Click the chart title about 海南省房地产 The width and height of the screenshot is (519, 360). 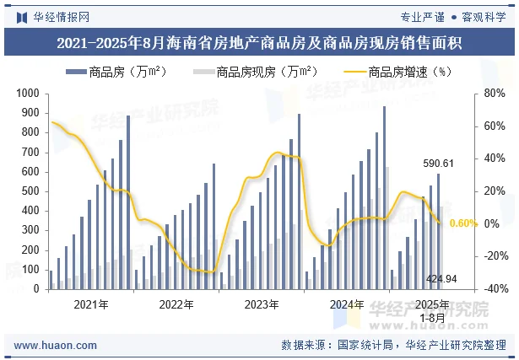(x=259, y=43)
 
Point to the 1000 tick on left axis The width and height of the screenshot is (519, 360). (x=27, y=94)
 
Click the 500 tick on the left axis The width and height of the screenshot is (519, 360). (x=30, y=191)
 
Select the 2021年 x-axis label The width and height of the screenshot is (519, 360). (x=90, y=304)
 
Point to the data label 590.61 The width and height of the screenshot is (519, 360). (x=438, y=164)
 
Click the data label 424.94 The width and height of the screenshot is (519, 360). (x=441, y=278)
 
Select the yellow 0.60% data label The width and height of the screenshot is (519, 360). (x=464, y=223)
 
